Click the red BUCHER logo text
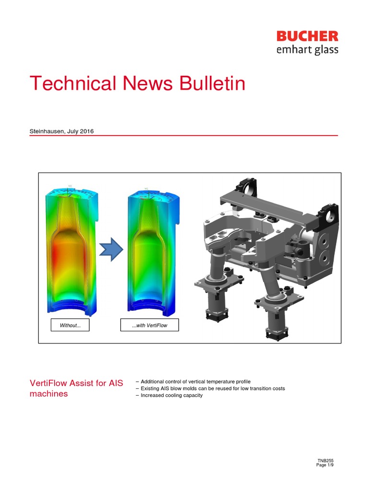(307, 36)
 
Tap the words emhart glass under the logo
(307, 50)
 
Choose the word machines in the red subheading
(49, 394)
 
